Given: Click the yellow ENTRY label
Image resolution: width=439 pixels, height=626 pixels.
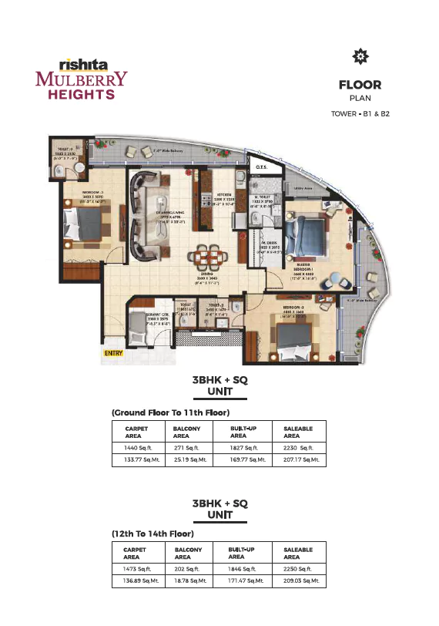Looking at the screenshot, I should point(113,354).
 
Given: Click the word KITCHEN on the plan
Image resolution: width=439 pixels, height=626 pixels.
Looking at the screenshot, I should point(223,195).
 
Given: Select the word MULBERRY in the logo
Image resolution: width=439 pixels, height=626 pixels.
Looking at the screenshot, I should point(82,79).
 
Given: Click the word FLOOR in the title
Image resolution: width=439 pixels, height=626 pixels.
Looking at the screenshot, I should point(360,85).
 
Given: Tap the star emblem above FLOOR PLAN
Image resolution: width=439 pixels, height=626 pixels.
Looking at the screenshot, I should point(358,56).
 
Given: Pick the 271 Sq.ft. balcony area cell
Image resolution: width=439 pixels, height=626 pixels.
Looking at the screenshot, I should point(188,446).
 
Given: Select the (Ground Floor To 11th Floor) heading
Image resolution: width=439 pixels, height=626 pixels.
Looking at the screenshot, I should point(170,413).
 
